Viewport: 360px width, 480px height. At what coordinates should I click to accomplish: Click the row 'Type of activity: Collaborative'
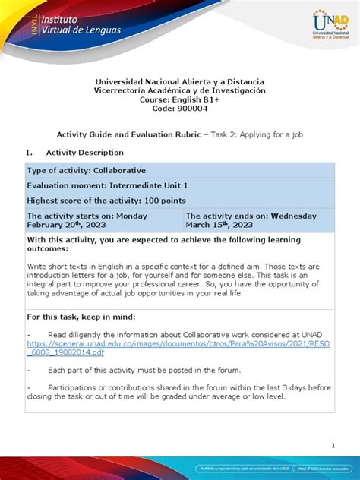coord(87,170)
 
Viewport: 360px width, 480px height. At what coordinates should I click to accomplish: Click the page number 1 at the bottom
coord(333,446)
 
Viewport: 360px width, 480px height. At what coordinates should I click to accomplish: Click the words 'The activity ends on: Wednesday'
coord(251,216)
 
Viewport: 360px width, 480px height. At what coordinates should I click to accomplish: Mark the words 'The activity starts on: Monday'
coord(93,216)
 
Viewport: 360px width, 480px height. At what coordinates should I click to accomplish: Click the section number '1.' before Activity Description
coord(30,152)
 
